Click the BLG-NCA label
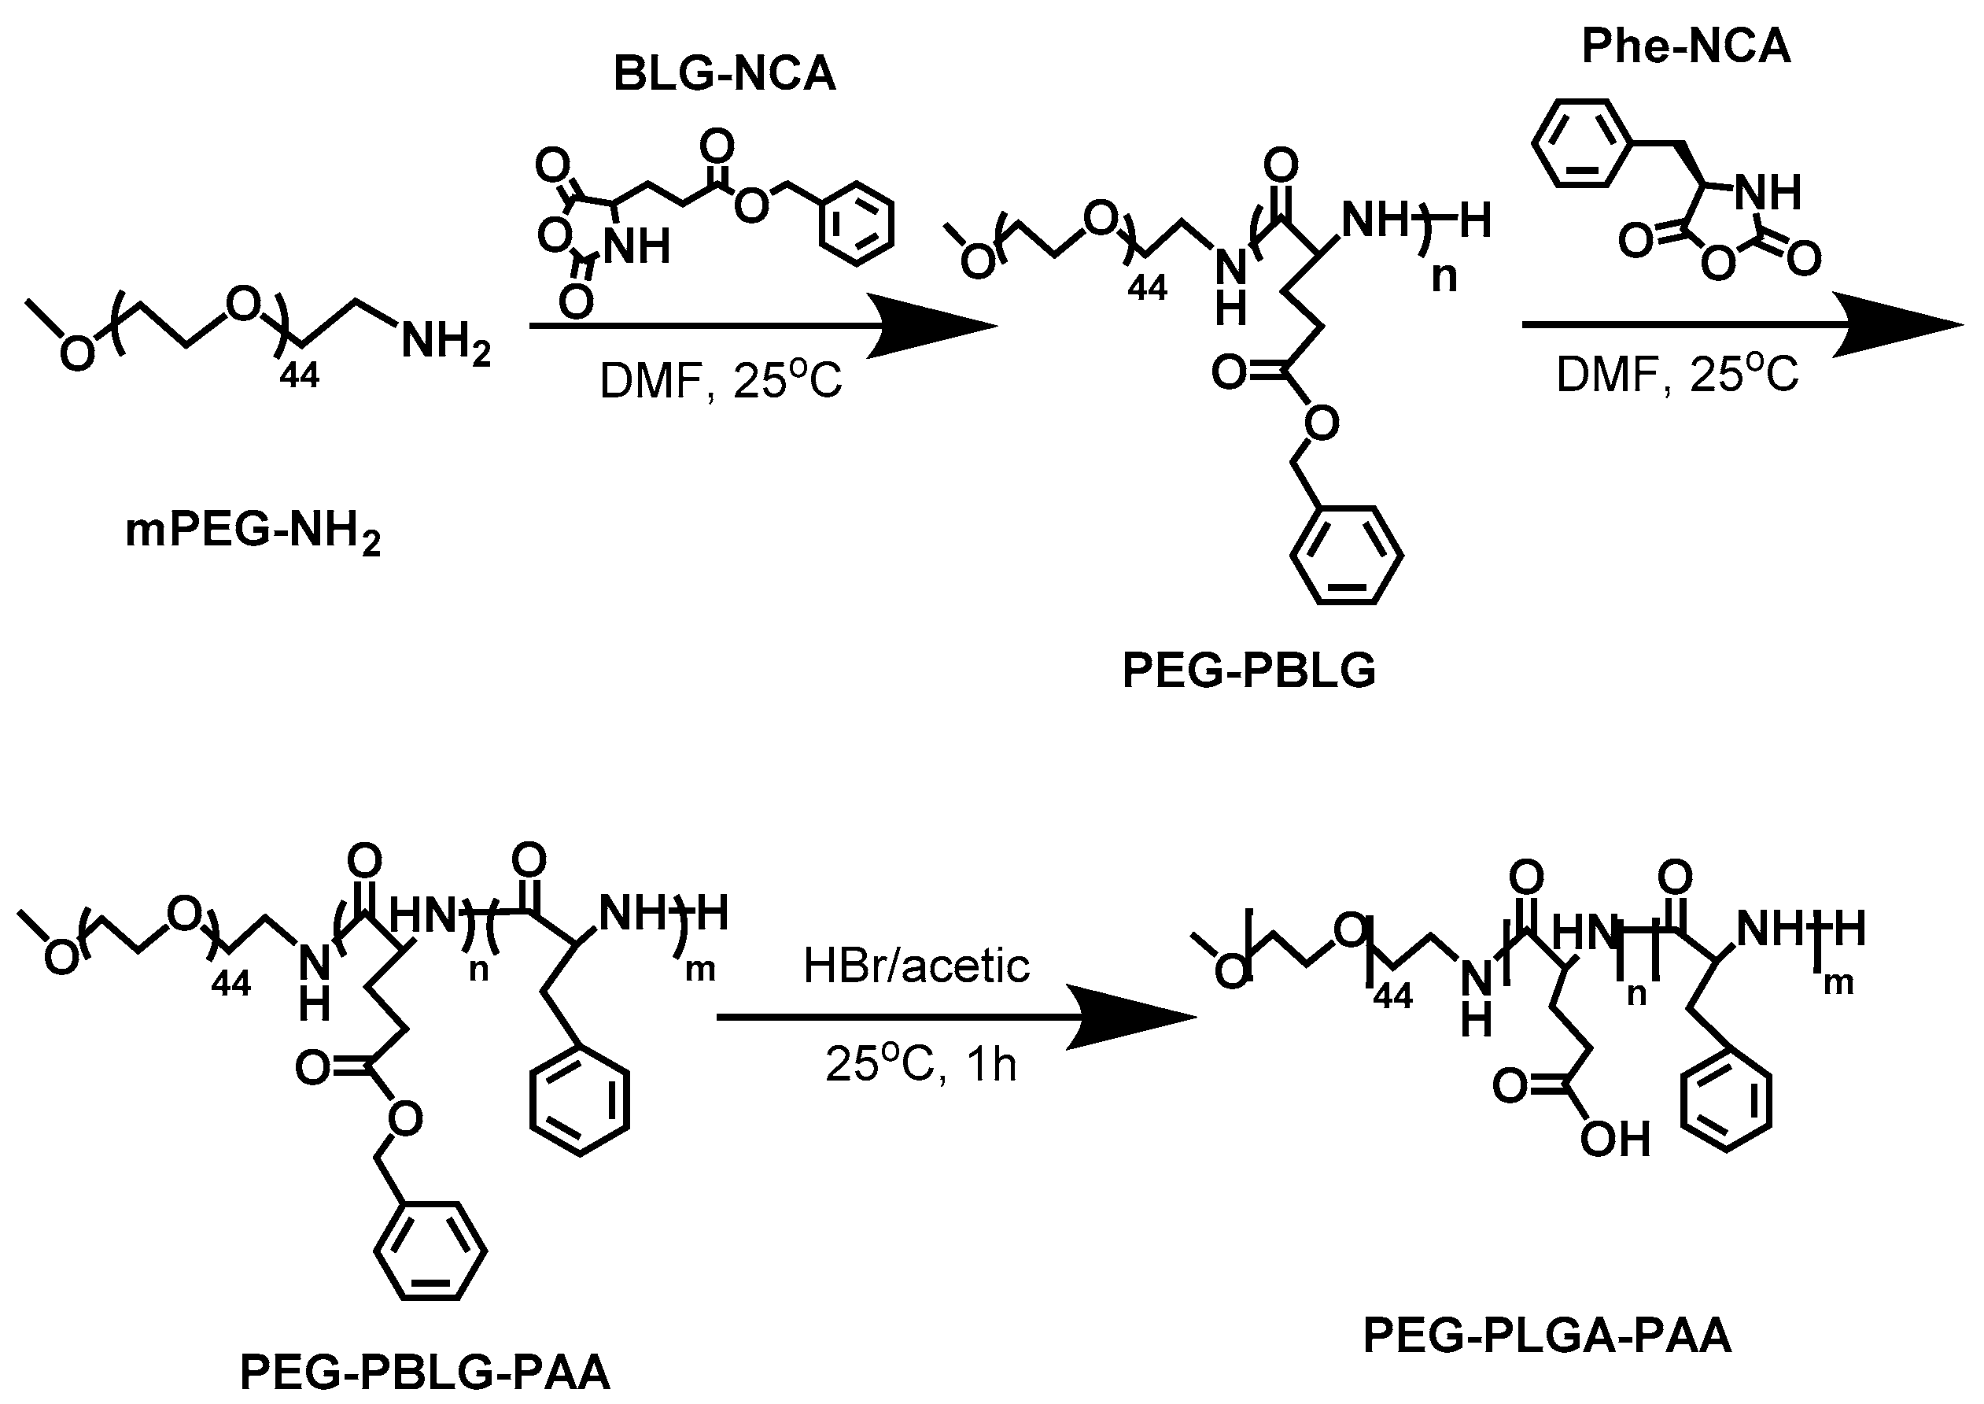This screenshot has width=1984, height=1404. [x=724, y=73]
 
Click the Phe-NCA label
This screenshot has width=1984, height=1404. [x=1686, y=46]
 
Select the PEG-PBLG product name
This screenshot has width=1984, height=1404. [x=1248, y=670]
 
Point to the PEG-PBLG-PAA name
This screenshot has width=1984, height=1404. [x=425, y=1372]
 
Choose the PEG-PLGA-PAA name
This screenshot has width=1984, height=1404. [x=1547, y=1335]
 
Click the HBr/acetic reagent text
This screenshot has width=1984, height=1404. [x=916, y=966]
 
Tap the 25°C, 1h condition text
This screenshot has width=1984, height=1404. [x=921, y=1063]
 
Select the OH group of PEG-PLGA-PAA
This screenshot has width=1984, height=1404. [x=1615, y=1140]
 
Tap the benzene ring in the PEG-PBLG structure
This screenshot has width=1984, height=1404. [x=1346, y=555]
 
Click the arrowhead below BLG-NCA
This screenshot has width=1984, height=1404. [x=934, y=326]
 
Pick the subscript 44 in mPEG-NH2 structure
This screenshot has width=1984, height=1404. [x=299, y=375]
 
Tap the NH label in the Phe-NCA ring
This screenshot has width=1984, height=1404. [x=1768, y=192]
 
